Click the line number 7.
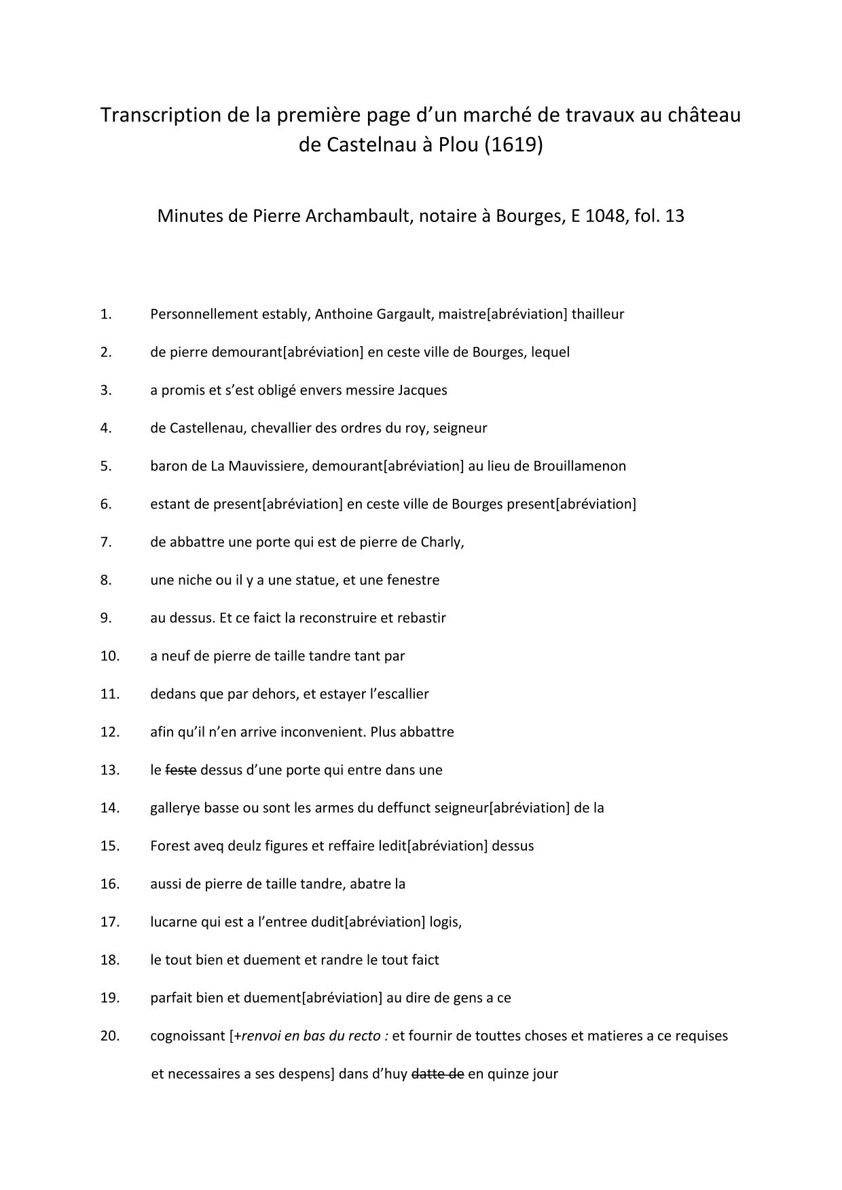[x=105, y=542]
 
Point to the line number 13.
[x=109, y=770]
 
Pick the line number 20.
[x=109, y=1037]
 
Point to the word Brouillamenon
[x=579, y=466]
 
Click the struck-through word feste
[x=181, y=770]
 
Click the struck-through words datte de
[x=437, y=1075]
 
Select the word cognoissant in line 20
[x=187, y=1037]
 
